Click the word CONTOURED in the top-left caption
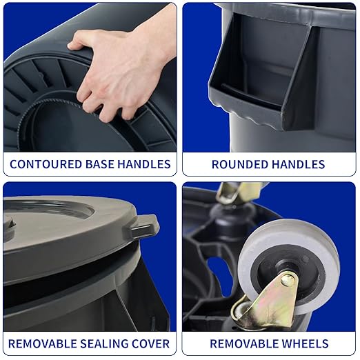pyautogui.click(x=41, y=164)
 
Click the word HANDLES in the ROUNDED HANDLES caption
pyautogui.click(x=299, y=164)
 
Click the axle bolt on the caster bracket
pyautogui.click(x=288, y=279)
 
